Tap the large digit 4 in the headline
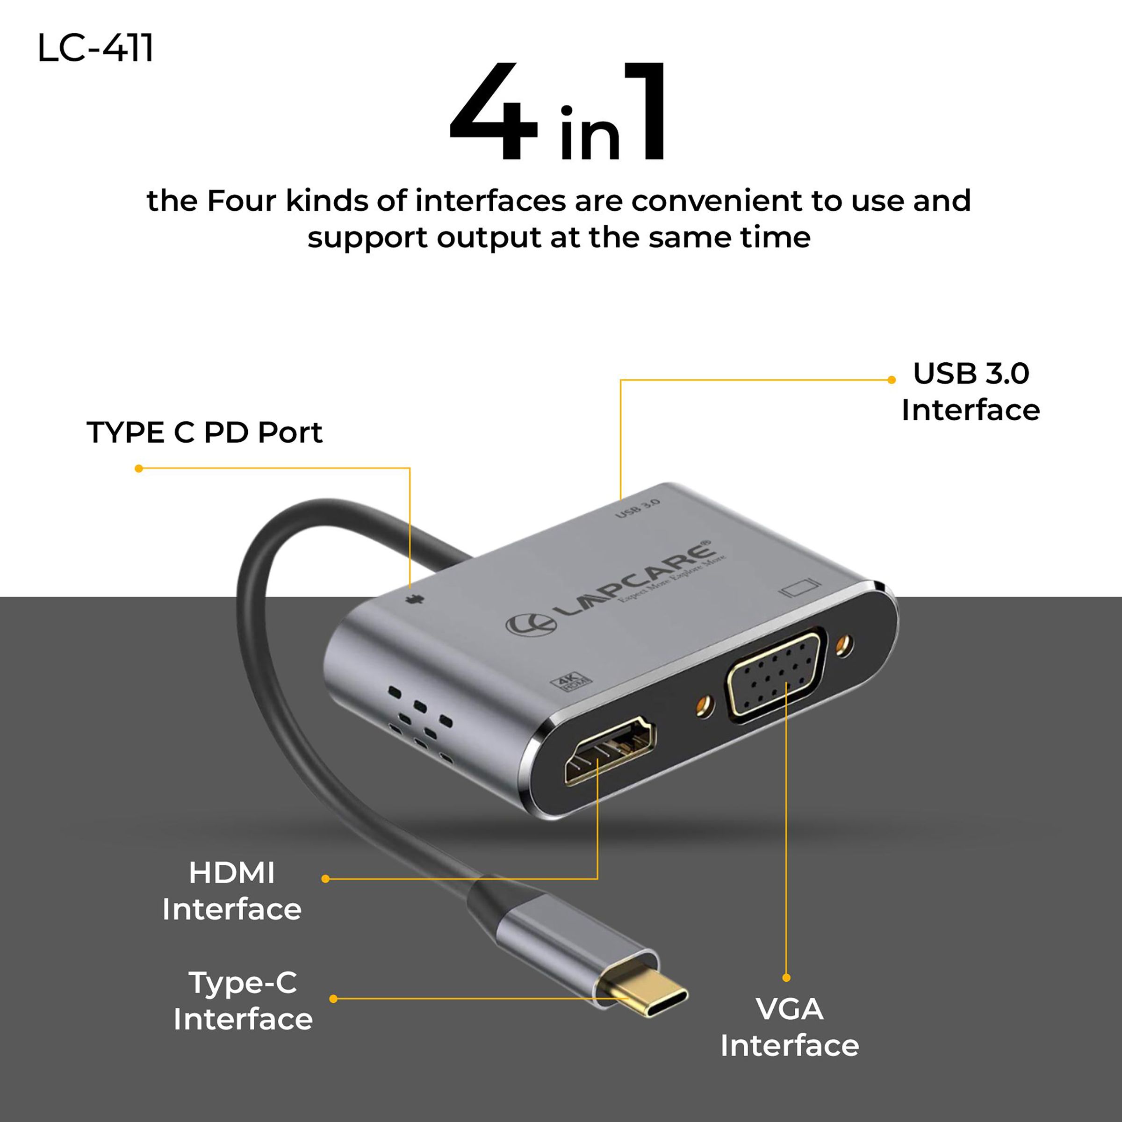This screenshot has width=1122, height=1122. click(x=494, y=113)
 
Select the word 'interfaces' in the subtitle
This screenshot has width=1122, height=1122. click(x=490, y=201)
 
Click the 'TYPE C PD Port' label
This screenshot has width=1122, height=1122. click(x=204, y=432)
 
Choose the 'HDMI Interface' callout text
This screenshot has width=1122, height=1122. click(x=232, y=891)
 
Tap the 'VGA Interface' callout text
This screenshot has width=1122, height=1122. click(x=789, y=1028)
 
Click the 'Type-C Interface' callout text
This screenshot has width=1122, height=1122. click(x=243, y=1000)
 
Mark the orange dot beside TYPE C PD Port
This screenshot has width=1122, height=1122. click(x=139, y=468)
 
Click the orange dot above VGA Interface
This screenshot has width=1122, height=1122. click(x=786, y=978)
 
